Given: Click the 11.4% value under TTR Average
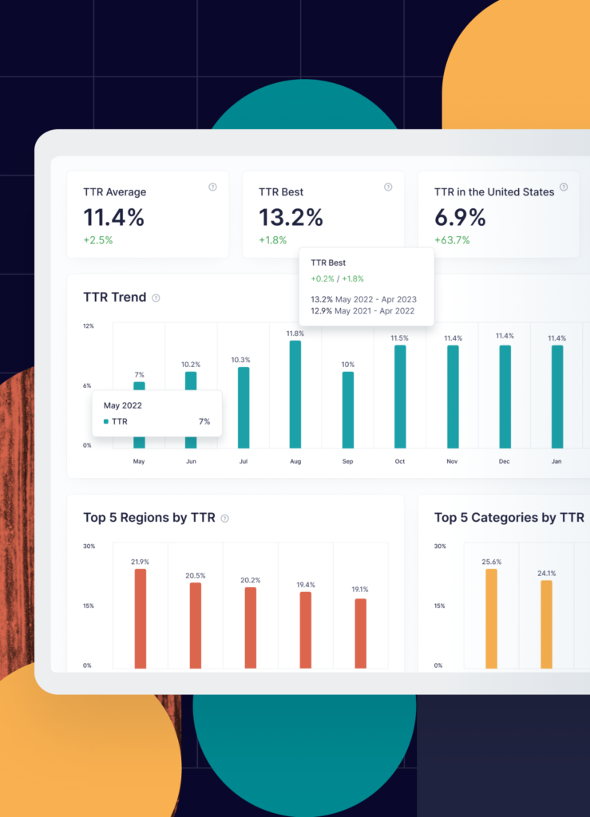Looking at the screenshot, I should coord(114,217).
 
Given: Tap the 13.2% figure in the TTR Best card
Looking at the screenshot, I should coord(291,217).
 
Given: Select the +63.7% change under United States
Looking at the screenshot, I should coord(452,240).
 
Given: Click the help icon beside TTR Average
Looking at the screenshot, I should coord(212,187).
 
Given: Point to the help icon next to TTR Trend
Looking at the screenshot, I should coord(156,298).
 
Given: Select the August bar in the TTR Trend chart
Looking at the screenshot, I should coord(295,394).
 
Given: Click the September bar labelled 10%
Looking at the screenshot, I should coord(347,409).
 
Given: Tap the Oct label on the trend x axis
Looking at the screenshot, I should coord(400,462).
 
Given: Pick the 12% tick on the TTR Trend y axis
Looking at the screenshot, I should coord(89,326).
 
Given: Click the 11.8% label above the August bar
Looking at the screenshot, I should coord(295,334).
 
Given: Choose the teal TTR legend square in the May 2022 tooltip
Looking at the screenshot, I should coord(106,421).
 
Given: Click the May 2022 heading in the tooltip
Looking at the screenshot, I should coord(123,405).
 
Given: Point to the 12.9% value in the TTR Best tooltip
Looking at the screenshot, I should coord(321,311).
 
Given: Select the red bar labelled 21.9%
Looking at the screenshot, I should coord(141,618).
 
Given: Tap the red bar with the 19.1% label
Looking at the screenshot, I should coord(361,633).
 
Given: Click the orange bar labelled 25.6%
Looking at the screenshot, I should coord(492,618).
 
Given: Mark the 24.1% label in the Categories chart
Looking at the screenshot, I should coord(546,573).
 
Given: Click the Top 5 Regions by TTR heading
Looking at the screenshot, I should coord(149,518).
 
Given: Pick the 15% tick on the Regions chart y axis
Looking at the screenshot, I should coord(89,606).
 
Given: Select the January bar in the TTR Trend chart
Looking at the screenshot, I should coord(557,397).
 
